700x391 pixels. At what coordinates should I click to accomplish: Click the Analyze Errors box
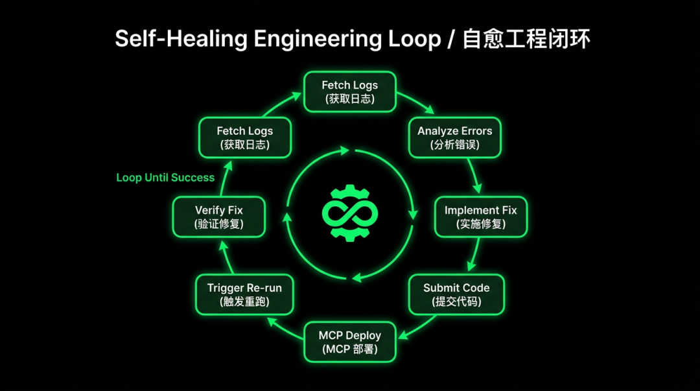[454, 137]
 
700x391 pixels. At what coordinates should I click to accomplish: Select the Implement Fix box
[480, 217]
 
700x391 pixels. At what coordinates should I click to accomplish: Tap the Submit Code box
[456, 294]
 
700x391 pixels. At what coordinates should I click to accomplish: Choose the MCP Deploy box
[349, 342]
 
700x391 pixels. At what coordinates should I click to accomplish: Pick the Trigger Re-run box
[244, 294]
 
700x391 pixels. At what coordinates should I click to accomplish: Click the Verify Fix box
[219, 217]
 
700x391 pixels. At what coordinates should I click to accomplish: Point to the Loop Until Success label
[165, 178]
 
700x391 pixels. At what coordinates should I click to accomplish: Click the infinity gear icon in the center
[350, 213]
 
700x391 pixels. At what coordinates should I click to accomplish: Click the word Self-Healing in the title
[182, 39]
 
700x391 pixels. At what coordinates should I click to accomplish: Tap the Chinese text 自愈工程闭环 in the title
[526, 39]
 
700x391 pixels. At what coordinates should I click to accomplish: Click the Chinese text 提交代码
[456, 302]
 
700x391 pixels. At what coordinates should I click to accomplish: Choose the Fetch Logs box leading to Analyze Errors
[350, 91]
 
